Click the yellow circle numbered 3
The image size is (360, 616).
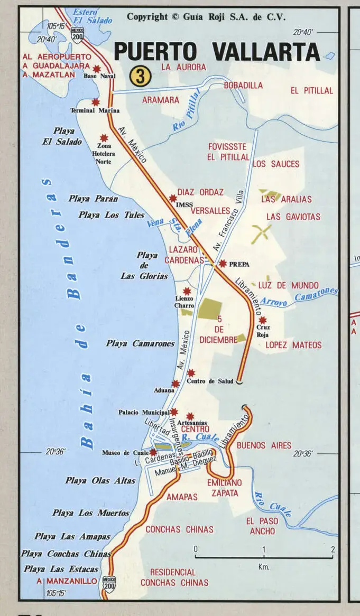140,77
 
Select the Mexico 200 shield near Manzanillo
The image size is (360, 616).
109,583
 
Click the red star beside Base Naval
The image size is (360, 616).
97,68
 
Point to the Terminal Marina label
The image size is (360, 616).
95,110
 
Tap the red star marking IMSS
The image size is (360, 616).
172,198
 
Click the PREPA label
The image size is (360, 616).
239,264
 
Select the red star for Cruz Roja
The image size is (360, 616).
262,320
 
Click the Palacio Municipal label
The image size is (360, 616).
143,412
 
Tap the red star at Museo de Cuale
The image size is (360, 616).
153,452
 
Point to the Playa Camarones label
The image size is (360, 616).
140,343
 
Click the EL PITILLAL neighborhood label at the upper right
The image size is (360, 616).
311,91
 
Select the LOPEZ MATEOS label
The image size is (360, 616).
293,345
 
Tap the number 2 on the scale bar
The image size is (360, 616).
333,549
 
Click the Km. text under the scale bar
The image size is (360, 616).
264,567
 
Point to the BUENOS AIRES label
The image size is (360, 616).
264,445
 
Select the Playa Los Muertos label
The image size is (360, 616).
91,513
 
